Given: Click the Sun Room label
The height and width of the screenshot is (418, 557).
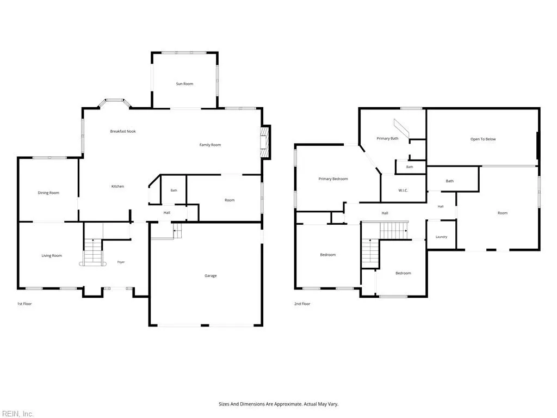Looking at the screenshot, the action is point(185,84).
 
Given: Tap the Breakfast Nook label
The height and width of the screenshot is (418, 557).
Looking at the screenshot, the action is point(123,131).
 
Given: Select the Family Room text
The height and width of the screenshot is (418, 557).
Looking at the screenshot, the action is point(210,145).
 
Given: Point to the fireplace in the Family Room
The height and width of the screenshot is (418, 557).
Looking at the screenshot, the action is point(265,142).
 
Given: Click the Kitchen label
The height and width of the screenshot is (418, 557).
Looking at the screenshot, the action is point(117,186).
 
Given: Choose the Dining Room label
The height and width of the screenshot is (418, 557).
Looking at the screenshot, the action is point(48,193).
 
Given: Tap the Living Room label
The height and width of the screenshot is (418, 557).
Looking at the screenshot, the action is point(52,256).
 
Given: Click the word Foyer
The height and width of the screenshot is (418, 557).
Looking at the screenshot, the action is point(121,262).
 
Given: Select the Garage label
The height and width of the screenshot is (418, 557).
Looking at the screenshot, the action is point(211,275).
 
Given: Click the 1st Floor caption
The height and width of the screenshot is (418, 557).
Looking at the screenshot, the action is point(24,304).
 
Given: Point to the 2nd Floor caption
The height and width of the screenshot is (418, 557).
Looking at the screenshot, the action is point(302,304).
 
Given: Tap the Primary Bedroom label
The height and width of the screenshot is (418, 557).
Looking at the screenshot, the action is point(333,179).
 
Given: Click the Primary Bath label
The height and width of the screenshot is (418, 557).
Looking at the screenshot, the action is point(387,138).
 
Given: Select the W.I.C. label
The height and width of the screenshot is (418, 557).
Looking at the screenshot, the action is point(403,190).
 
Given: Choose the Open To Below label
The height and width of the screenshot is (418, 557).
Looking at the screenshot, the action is point(483,139).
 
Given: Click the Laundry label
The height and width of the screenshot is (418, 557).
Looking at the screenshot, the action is point(441,237).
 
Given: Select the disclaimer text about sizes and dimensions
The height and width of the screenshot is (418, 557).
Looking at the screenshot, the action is point(278,404).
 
